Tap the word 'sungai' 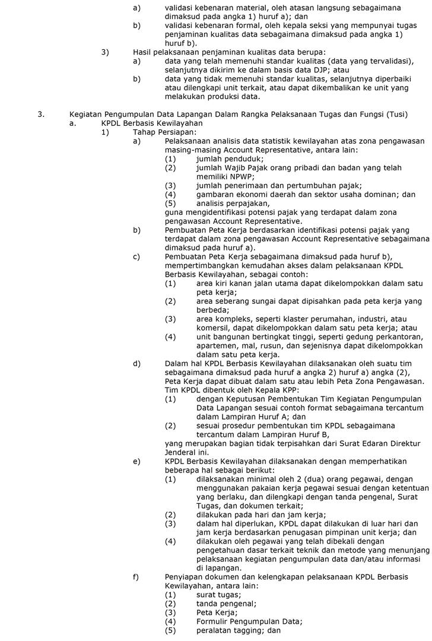[x=259, y=301]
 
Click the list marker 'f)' [x=136, y=577]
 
